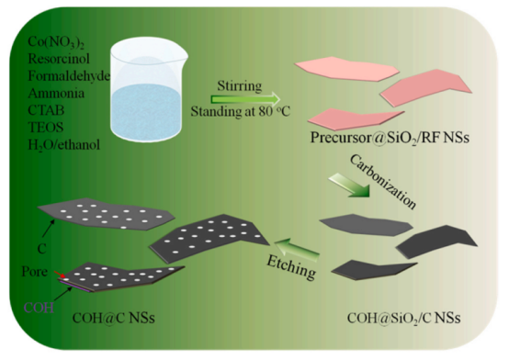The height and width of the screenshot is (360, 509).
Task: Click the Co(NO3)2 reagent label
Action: pos(56,42)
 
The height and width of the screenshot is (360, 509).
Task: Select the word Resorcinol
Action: pos(59,59)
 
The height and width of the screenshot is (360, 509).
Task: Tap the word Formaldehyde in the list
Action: pos(69,76)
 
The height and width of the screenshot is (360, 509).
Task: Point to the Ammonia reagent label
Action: pos(56,93)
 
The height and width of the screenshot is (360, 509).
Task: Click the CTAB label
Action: pos(46,110)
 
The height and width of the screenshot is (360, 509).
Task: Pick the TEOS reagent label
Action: pos(46,128)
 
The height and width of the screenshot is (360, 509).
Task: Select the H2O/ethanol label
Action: pos(64,145)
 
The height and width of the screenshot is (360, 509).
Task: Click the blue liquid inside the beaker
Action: pos(146,112)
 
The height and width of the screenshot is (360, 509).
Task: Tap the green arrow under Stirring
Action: pos(245,98)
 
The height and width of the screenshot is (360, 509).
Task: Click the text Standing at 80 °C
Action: pos(240,111)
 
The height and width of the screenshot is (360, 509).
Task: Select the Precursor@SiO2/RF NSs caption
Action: pos(390,138)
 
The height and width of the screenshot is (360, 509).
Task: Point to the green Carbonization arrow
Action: pos(350,186)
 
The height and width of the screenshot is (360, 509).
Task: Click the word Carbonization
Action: pos(383,182)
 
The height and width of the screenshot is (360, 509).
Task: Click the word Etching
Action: pos(291,266)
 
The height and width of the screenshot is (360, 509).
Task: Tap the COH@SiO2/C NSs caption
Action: pos(404,318)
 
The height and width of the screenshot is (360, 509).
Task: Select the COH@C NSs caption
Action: pos(114,318)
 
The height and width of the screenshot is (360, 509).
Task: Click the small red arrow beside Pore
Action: pos(60,275)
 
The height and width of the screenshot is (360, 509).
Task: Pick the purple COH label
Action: pos(39,308)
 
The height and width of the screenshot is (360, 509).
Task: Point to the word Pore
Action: pos(34,272)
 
